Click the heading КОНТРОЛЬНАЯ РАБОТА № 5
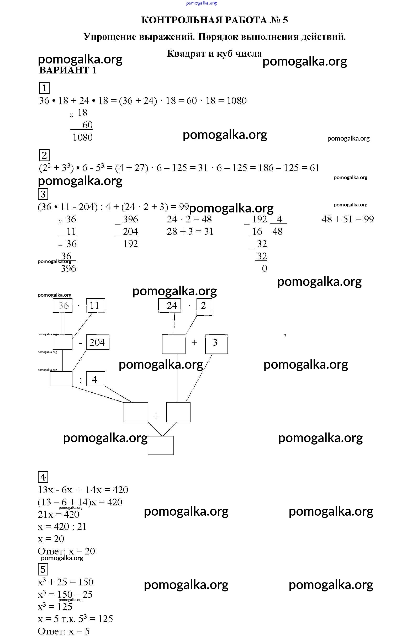[x=214, y=20]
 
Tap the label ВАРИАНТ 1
[x=68, y=71]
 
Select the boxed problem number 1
[x=44, y=88]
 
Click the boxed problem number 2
[x=44, y=155]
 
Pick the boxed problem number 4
[x=43, y=477]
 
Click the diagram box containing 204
[x=97, y=342]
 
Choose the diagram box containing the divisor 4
[x=95, y=379]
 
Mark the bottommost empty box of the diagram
[x=161, y=446]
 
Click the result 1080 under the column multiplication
[x=83, y=137]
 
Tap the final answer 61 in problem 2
[x=315, y=168]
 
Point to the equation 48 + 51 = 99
[x=347, y=219]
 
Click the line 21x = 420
[x=59, y=515]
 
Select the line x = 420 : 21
[x=62, y=527]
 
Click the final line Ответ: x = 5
[x=64, y=631]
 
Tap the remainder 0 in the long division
[x=264, y=268]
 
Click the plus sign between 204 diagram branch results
[x=157, y=416]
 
